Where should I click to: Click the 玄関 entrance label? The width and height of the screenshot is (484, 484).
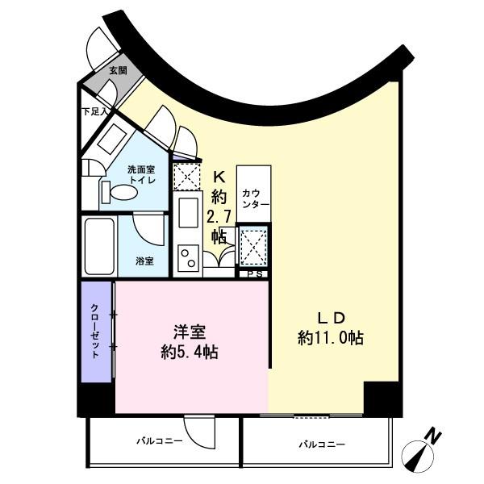point(117,71)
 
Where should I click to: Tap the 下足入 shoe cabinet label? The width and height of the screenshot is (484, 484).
point(94,111)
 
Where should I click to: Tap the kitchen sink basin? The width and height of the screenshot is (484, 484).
point(188,215)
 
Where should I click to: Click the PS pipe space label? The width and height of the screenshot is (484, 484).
point(253,273)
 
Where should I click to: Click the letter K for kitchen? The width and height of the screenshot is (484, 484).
point(219,177)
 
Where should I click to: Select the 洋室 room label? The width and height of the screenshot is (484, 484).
point(191,331)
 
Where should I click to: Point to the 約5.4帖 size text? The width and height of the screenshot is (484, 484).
point(191,352)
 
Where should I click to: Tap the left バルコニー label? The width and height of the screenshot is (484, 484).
point(158,441)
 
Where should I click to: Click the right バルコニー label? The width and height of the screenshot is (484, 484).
point(321,444)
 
